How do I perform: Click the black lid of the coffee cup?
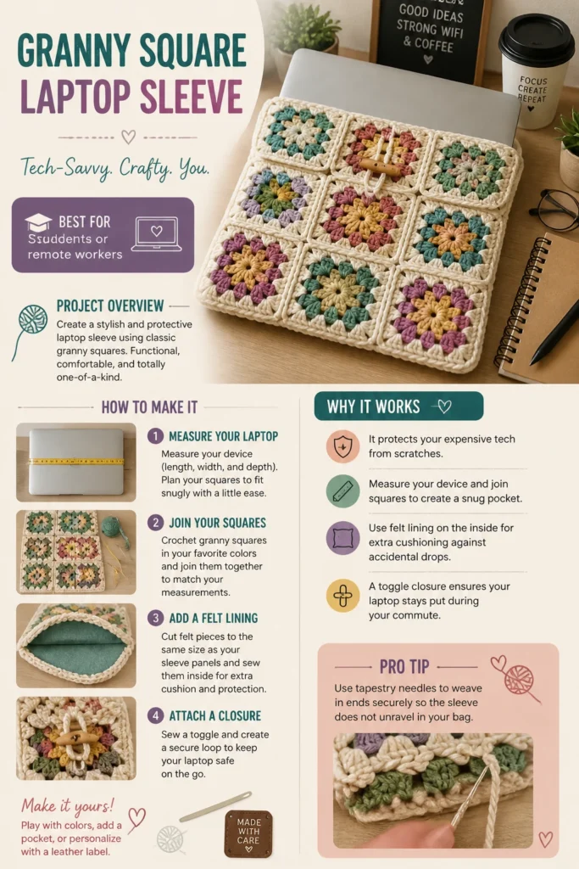[536, 39]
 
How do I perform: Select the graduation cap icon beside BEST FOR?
[38, 223]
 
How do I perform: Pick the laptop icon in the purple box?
[157, 234]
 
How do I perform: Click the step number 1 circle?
[155, 436]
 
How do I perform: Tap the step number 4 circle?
[155, 715]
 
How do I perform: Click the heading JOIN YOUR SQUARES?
[218, 523]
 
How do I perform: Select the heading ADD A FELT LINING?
[213, 618]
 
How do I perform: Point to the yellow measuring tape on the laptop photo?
[76, 461]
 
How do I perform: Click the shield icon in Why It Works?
[342, 446]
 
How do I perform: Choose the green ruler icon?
[342, 491]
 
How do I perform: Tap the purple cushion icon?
[342, 537]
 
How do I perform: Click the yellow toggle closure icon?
[342, 596]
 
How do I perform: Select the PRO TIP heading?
[404, 667]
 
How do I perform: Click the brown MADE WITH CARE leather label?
[248, 834]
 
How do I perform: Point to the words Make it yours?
[68, 805]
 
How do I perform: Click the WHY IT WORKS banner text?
[373, 406]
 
